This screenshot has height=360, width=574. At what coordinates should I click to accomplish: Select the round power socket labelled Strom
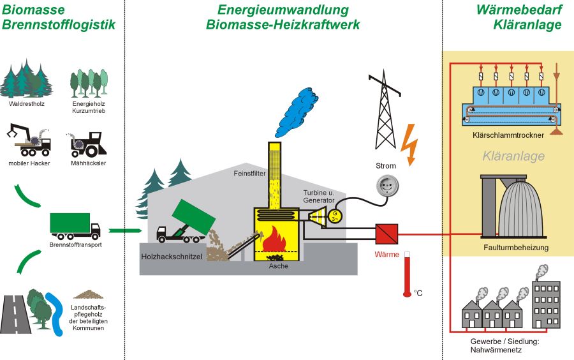coord(386,186)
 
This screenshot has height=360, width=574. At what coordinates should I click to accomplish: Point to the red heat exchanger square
coord(386,234)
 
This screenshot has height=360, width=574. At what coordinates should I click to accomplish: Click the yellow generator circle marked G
coord(335,215)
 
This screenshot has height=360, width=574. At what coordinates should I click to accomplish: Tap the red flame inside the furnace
coord(276,240)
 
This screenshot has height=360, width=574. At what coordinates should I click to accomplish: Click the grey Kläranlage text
coord(505,156)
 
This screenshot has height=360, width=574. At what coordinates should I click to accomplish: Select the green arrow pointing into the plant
coord(125,230)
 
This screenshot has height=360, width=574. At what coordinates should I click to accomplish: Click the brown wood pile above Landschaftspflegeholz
coord(88,295)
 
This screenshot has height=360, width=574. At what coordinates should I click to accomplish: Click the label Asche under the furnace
coord(278,266)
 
